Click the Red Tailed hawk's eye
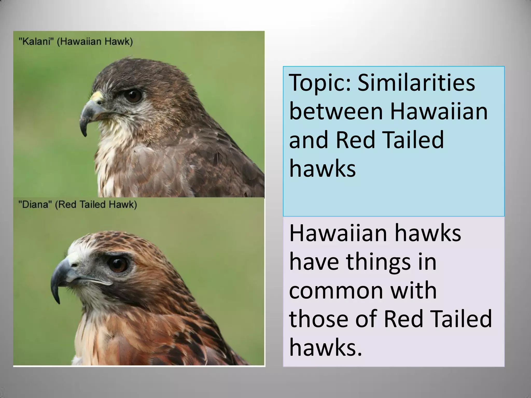pyautogui.click(x=119, y=265)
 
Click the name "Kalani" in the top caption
pyautogui.click(x=36, y=42)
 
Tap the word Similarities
pyautogui.click(x=416, y=83)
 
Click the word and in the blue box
pyautogui.click(x=310, y=140)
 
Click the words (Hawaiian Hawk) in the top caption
pyautogui.click(x=95, y=42)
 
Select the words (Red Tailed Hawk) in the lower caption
pyautogui.click(x=96, y=205)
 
